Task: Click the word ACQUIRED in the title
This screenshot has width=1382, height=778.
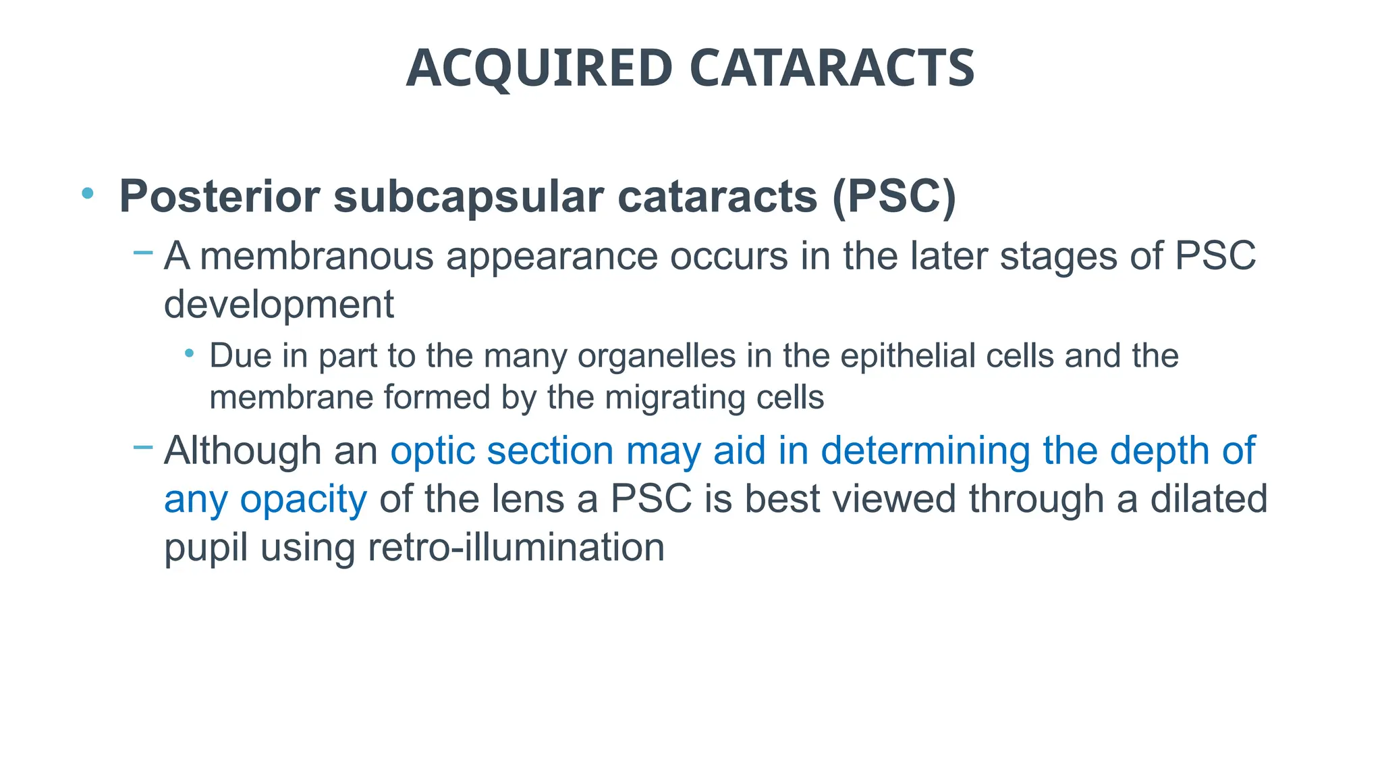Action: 539,69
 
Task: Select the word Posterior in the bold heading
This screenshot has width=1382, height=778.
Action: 219,197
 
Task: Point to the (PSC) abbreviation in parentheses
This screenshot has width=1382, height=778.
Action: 894,197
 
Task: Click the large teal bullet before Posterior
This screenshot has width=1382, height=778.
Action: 87,194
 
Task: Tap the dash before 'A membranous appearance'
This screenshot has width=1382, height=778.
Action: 143,253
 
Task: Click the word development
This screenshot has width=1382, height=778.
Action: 279,304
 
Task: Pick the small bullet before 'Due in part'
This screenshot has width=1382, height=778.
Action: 190,353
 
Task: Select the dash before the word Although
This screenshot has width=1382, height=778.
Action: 143,447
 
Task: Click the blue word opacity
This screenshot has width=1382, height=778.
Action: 303,500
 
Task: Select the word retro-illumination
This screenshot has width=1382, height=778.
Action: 516,547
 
